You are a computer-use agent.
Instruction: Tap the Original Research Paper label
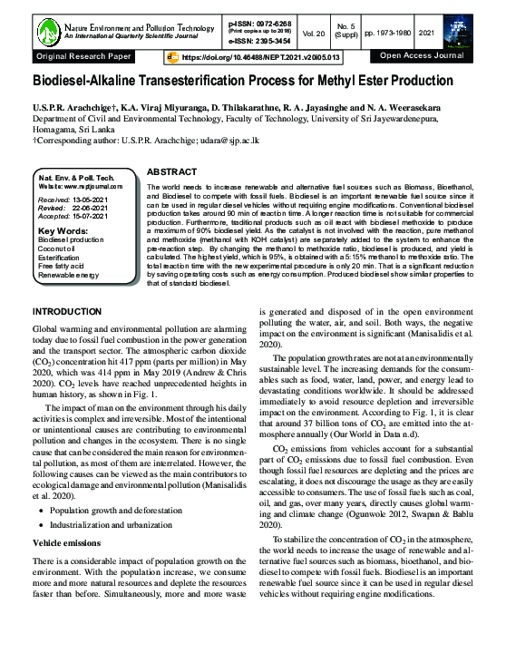[83, 56]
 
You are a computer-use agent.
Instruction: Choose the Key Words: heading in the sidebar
[63, 230]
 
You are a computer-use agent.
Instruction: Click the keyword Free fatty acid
[63, 268]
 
